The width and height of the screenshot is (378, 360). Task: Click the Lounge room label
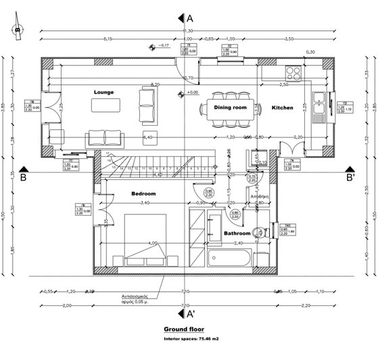click(103, 91)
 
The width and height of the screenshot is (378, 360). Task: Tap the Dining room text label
click(231, 107)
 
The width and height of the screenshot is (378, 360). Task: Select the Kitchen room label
click(282, 108)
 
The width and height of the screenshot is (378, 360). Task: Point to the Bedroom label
click(143, 194)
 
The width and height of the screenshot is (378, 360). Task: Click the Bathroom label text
click(237, 234)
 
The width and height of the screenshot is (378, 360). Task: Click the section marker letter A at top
click(190, 18)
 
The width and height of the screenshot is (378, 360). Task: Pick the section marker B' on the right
click(350, 179)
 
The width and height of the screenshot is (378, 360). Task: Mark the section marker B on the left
click(23, 179)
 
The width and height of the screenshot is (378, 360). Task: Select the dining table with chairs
click(230, 108)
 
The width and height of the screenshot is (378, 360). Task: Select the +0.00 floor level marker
click(192, 92)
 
